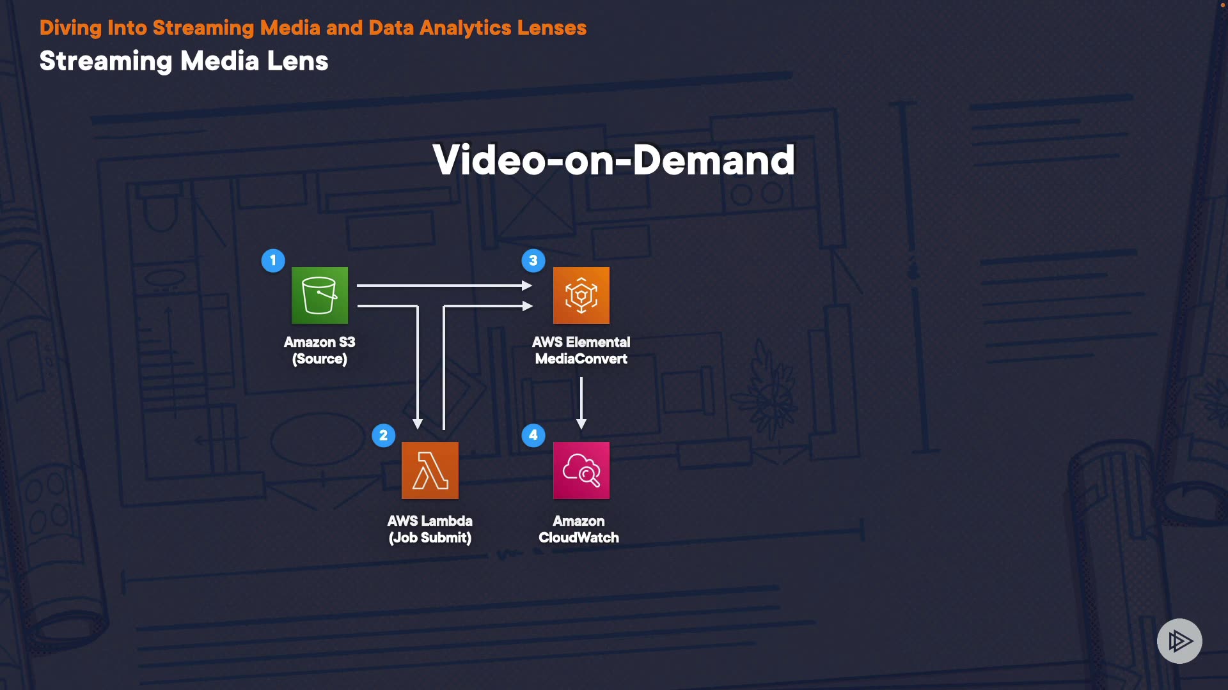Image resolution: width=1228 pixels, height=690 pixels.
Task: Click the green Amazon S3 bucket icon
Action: click(x=320, y=295)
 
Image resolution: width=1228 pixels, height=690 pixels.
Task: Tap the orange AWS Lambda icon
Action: click(x=430, y=470)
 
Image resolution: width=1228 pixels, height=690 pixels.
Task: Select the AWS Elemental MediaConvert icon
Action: click(x=581, y=295)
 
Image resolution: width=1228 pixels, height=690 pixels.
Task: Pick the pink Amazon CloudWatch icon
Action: click(x=581, y=470)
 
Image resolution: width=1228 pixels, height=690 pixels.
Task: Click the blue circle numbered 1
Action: click(x=273, y=261)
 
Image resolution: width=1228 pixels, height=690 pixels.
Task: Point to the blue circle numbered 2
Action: click(x=383, y=436)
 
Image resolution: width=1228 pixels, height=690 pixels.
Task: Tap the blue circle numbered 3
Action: click(x=533, y=261)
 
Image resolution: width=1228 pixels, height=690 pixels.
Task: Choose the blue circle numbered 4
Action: click(x=533, y=436)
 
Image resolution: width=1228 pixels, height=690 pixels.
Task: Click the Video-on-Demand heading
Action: click(x=613, y=160)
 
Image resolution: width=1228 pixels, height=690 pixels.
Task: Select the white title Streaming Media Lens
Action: click(x=184, y=61)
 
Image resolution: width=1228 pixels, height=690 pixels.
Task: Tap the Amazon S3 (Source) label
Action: click(x=319, y=350)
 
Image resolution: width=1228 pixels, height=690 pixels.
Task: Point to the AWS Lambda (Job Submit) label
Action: click(x=430, y=529)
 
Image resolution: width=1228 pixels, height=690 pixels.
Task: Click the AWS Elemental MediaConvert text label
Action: click(x=581, y=350)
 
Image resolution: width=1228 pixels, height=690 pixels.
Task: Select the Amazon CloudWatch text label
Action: click(x=579, y=529)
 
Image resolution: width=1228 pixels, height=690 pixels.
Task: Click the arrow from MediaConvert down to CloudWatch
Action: click(x=581, y=402)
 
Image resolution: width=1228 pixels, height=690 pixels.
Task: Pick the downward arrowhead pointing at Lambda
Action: click(x=418, y=424)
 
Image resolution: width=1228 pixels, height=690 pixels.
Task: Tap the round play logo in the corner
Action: click(x=1179, y=641)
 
